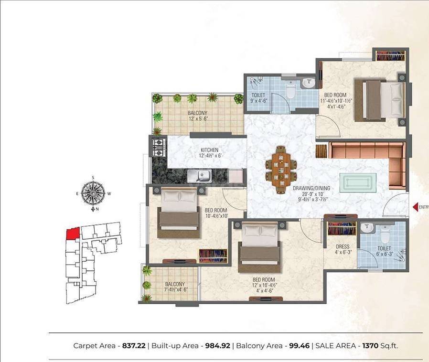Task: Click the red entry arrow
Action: tap(414, 207)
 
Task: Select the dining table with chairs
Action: tap(280, 170)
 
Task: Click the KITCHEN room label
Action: tap(209, 150)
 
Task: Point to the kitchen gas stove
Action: tap(158, 147)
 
